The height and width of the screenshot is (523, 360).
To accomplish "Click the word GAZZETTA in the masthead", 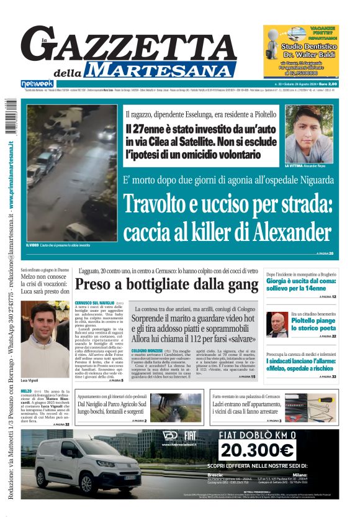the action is (x=127, y=45).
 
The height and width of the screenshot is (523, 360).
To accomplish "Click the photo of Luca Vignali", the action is (x=45, y=339).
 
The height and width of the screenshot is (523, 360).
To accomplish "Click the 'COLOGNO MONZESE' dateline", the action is (x=147, y=351).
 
